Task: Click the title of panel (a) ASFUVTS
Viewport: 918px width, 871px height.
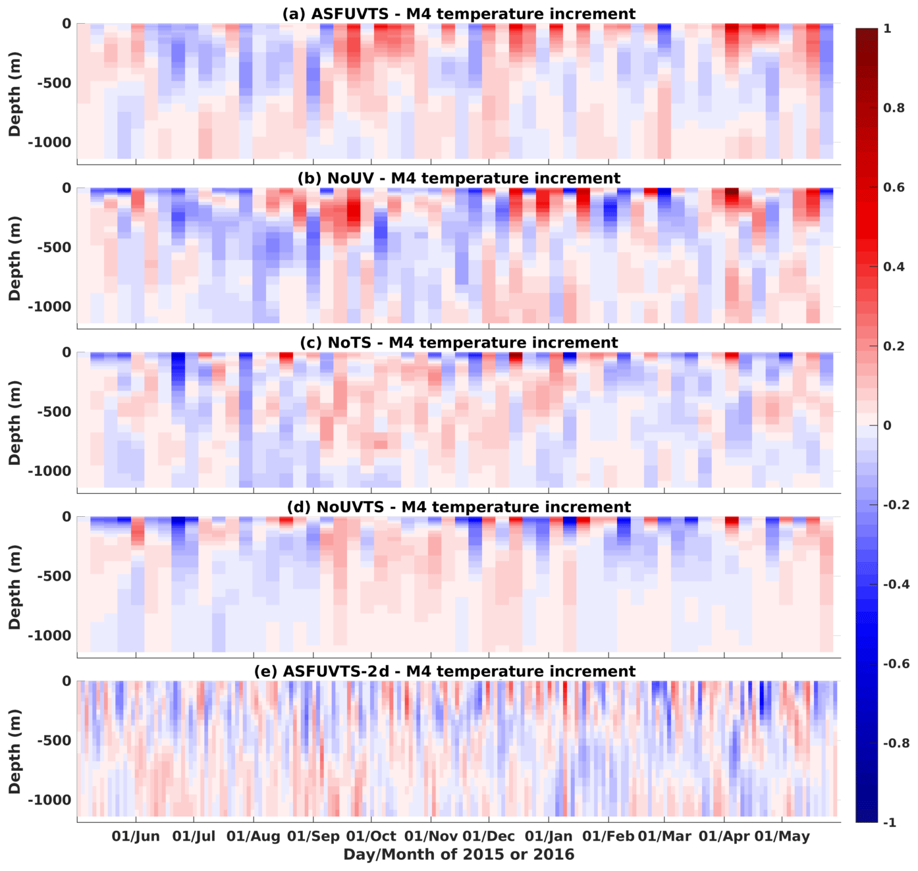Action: point(458,14)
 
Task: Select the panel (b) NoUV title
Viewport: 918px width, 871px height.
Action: point(458,178)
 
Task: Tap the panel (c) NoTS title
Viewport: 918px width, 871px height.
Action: point(458,343)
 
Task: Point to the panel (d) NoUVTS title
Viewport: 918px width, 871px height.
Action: point(458,507)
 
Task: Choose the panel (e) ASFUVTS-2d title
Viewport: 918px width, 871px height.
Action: point(445,672)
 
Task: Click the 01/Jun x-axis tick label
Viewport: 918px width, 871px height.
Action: point(136,837)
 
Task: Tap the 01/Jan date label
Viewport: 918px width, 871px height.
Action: point(549,837)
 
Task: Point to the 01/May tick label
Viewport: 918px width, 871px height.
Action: point(782,837)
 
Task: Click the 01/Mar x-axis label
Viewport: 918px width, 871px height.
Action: point(664,837)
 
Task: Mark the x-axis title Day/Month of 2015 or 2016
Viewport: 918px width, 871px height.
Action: point(458,855)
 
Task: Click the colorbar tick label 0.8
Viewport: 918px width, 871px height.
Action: point(894,108)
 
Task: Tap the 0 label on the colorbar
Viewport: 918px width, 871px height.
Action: point(887,425)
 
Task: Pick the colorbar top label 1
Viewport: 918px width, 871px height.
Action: point(887,29)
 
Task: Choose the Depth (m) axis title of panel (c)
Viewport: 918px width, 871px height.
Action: point(14,423)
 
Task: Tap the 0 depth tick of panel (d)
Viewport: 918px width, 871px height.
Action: point(67,517)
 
